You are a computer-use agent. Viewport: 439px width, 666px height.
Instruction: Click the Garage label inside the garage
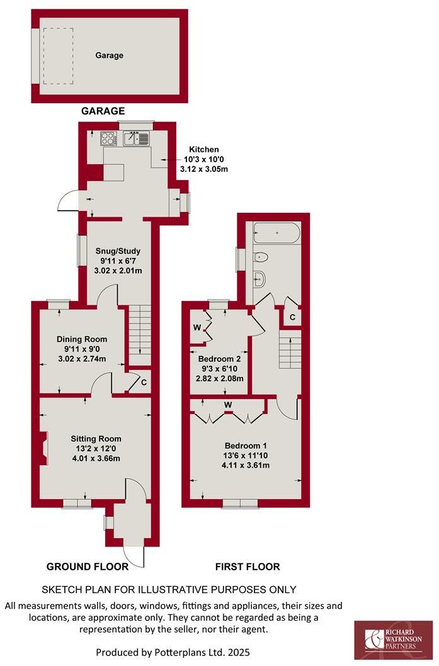coord(109,55)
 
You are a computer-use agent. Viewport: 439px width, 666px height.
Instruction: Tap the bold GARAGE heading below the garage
coord(103,111)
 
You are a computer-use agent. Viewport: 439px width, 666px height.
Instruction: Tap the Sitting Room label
coord(96,439)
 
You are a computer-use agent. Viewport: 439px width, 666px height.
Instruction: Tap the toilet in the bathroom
coord(261,257)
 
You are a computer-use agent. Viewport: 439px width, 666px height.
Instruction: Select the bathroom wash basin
coord(260,277)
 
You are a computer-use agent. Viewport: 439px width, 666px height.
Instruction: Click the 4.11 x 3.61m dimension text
coord(245,465)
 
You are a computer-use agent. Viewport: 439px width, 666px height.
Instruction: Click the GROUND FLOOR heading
coord(88,567)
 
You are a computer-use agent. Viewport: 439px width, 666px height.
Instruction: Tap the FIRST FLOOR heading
coord(248,567)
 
